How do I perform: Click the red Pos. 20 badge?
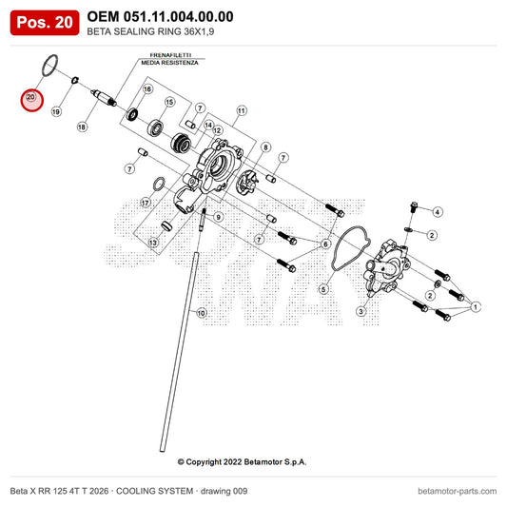tap(45, 23)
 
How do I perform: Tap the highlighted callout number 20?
tap(30, 97)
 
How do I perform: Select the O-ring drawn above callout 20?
tap(50, 66)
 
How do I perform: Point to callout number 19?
tap(56, 112)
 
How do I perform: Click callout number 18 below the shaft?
tap(82, 127)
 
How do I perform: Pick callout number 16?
tap(147, 88)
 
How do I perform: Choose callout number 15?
tap(169, 102)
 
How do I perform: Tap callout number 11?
tap(242, 111)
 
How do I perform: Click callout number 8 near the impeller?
tap(265, 147)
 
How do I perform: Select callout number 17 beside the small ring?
tap(146, 203)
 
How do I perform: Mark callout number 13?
tap(152, 243)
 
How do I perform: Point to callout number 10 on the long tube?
tap(201, 313)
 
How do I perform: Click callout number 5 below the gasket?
tap(323, 289)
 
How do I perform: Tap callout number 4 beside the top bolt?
tap(438, 212)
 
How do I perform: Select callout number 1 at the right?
tap(476, 307)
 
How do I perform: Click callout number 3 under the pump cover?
tap(361, 311)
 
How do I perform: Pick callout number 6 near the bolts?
tap(325, 244)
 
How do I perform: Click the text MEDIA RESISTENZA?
tap(169, 63)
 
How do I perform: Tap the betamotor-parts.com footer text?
tap(458, 491)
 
